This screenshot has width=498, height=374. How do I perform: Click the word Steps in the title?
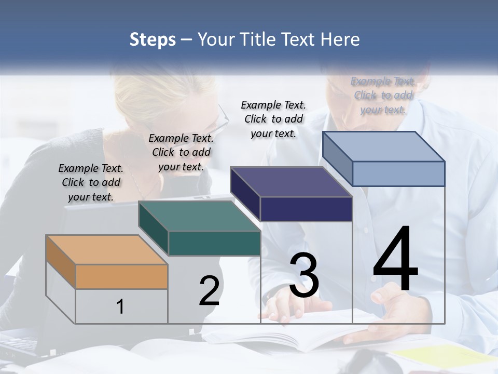[152, 39]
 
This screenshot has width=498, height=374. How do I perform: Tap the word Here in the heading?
[339, 39]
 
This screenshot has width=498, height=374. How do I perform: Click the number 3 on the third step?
[304, 275]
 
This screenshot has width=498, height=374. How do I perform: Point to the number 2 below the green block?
[209, 291]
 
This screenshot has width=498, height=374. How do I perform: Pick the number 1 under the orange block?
[120, 306]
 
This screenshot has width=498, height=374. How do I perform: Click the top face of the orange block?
[106, 249]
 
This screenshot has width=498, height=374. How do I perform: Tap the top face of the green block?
[200, 216]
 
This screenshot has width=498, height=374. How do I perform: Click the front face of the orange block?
[121, 276]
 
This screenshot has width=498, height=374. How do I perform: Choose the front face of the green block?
[214, 243]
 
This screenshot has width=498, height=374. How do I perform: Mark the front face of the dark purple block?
[306, 209]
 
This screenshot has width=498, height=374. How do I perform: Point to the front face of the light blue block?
[398, 173]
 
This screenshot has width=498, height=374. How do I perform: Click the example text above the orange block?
[91, 182]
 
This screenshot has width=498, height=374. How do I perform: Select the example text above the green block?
[181, 152]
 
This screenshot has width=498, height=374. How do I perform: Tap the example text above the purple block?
[273, 119]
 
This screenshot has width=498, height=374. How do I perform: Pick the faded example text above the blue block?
[383, 95]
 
